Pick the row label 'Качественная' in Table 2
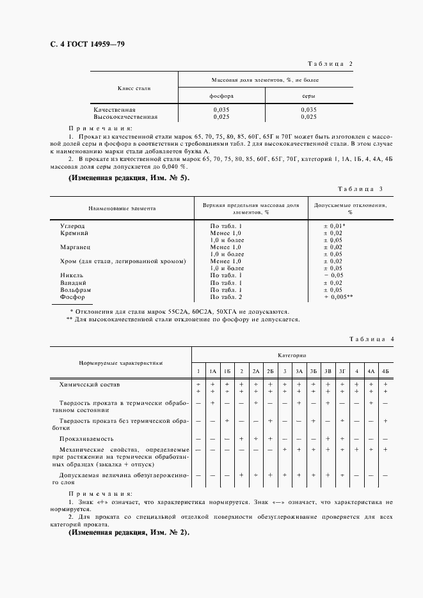[x=114, y=110]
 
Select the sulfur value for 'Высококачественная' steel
[x=309, y=117]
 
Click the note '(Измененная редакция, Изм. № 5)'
[x=129, y=177]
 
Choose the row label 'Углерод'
[x=72, y=226]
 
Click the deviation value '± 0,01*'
[x=335, y=226]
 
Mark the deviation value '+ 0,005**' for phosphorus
[x=339, y=297]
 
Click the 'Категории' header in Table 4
[x=292, y=354]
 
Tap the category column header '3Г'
[x=342, y=371]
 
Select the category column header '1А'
[x=212, y=371]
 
